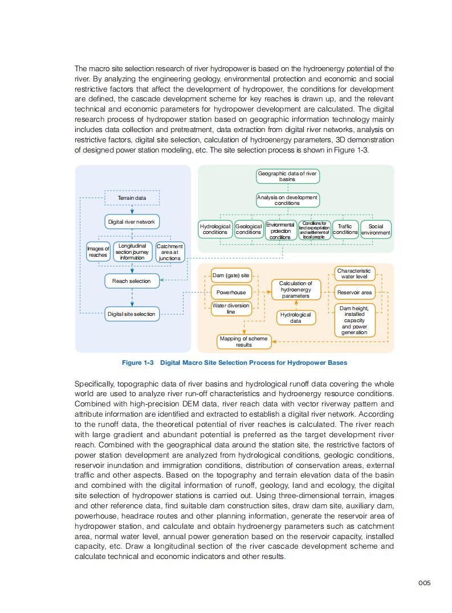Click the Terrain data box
132,198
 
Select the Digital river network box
132,221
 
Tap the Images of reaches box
98,252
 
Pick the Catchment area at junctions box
170,252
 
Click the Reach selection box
132,281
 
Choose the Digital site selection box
132,314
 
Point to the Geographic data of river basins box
287,176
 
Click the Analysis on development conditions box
287,200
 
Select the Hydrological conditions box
215,229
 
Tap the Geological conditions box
249,229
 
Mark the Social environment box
376,229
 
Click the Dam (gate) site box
231,275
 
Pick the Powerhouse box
231,292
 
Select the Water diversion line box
231,308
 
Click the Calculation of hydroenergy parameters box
295,289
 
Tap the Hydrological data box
295,318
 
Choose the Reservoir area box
355,293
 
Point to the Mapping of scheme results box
243,342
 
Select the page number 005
424,582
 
